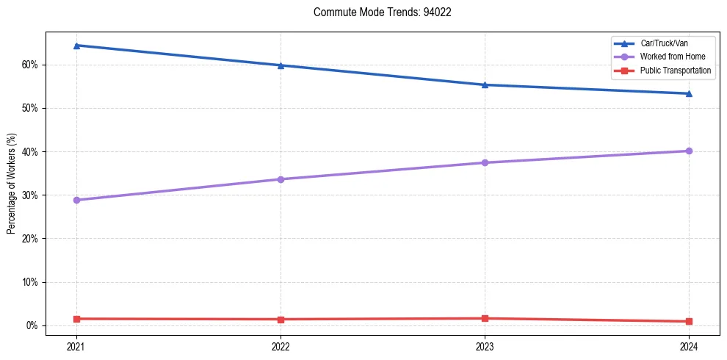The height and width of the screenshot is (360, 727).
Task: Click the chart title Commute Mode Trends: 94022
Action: [x=377, y=12]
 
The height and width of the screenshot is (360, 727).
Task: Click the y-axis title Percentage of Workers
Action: [x=11, y=184]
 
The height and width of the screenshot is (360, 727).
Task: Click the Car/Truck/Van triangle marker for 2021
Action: [x=76, y=46]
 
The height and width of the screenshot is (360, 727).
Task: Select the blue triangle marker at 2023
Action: [x=485, y=84]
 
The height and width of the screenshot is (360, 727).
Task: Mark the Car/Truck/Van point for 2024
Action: [x=689, y=93]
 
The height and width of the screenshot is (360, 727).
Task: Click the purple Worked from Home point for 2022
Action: [x=281, y=179]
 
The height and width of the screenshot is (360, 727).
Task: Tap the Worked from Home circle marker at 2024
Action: [x=689, y=151]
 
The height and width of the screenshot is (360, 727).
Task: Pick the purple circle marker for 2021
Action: [x=76, y=200]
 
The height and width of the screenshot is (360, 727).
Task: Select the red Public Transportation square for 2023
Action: [x=485, y=318]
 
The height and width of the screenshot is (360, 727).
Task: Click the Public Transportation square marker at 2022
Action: [x=281, y=320]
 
